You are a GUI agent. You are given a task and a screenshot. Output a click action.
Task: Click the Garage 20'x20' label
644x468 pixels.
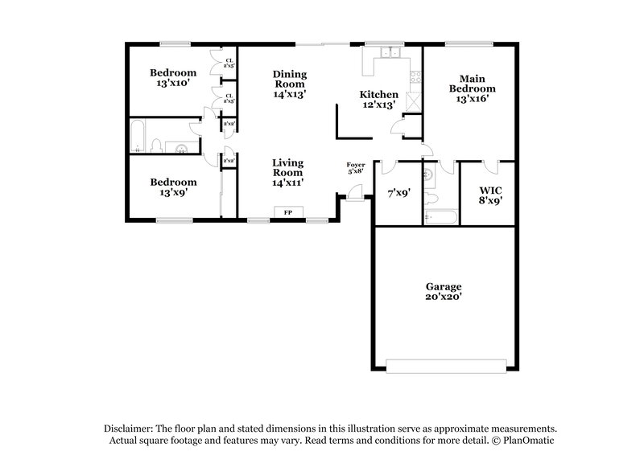(x=444, y=291)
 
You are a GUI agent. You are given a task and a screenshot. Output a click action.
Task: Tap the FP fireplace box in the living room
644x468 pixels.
(x=288, y=212)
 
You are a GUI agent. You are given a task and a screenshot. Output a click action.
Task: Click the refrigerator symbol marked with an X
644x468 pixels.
(x=415, y=101)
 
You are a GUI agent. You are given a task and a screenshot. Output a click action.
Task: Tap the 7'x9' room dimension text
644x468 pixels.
(x=397, y=193)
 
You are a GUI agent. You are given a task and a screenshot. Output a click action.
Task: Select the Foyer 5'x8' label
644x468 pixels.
(x=356, y=167)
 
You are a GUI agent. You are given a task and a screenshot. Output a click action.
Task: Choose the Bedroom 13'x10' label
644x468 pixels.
(x=173, y=77)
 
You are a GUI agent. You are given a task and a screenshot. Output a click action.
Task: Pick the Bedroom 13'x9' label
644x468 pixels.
(x=173, y=187)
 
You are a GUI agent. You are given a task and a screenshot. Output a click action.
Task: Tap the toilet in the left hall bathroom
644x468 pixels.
(x=159, y=145)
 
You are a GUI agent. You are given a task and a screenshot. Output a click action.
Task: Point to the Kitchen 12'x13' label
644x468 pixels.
(x=378, y=99)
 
